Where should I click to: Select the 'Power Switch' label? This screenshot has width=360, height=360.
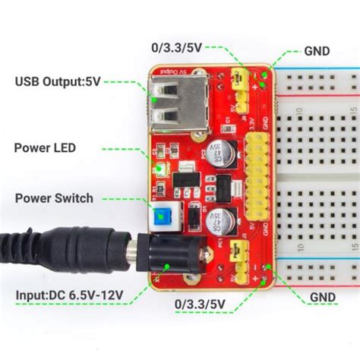54,198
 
